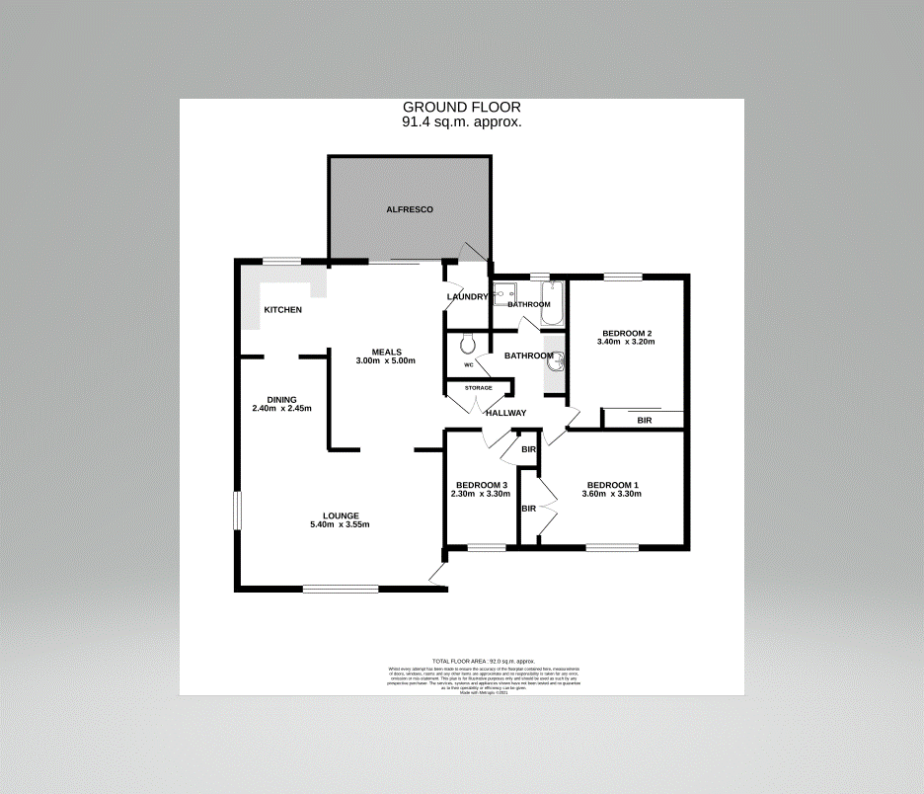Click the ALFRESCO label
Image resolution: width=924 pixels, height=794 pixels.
click(x=409, y=210)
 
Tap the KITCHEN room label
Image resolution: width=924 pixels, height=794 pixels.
click(x=282, y=310)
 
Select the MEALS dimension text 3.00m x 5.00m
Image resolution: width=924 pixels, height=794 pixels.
click(x=386, y=360)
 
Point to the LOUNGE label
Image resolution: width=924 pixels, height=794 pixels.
click(x=340, y=516)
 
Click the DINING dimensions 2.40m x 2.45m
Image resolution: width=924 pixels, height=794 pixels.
click(x=281, y=408)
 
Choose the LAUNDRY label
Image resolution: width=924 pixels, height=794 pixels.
click(x=467, y=297)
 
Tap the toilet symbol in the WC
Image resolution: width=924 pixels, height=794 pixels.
click(x=468, y=343)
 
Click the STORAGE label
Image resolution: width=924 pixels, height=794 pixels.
click(x=479, y=388)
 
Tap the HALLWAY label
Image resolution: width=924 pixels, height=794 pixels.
click(x=505, y=413)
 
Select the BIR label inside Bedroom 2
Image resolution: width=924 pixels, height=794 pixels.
click(x=645, y=421)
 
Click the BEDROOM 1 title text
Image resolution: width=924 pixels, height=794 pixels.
click(x=612, y=485)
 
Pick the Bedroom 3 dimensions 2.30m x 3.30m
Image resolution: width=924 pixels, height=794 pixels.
click(x=480, y=494)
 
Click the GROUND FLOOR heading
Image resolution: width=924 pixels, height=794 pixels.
click(x=461, y=107)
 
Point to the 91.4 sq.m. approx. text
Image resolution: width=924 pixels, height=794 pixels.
click(x=461, y=122)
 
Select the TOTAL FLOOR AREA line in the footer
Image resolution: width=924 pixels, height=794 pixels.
click(x=483, y=661)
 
